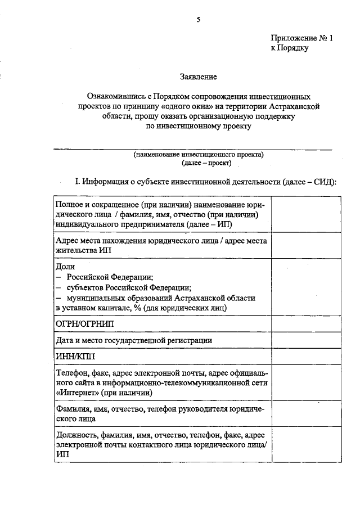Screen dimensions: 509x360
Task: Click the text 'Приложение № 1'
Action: (302, 38)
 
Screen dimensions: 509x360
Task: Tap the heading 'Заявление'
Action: (198, 76)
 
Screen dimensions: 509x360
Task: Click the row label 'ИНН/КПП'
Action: (76, 356)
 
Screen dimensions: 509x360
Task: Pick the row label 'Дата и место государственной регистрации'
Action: (134, 340)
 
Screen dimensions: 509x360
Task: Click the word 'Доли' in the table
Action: (65, 267)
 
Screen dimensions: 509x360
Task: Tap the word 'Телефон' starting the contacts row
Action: (71, 373)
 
